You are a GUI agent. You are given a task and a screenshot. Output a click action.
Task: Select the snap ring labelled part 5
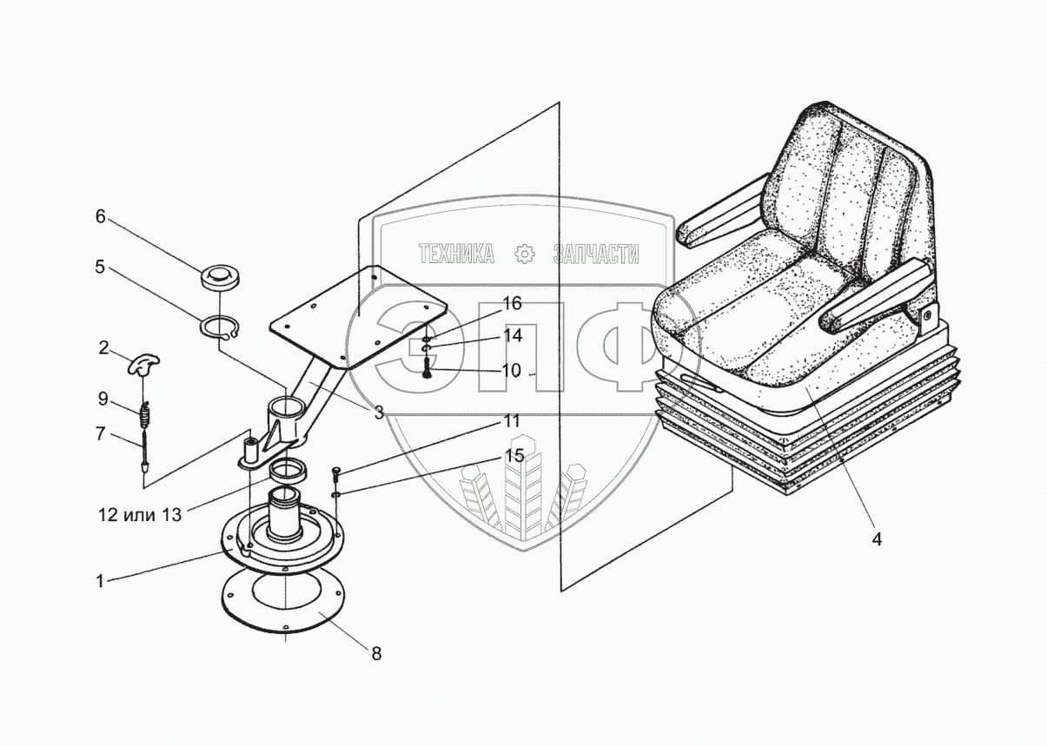point(219,329)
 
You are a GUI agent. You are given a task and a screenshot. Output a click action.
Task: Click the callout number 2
point(104,349)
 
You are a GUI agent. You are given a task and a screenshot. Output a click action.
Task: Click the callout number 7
point(100,432)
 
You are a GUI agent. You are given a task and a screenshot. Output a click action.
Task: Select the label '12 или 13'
point(139,515)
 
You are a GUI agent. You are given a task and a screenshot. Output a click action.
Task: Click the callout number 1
point(100,581)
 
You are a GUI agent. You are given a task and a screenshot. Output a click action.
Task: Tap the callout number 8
point(376,653)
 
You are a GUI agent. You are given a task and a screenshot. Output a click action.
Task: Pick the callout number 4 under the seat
point(877,539)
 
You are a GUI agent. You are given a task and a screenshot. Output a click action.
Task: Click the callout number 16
point(512,303)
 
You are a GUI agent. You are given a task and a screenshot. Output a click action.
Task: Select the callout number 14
point(512,335)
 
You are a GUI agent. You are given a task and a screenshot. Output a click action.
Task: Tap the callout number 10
point(512,371)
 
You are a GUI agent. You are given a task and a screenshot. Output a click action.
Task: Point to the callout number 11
point(512,422)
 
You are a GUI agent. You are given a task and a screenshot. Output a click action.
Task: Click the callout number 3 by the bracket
point(379,414)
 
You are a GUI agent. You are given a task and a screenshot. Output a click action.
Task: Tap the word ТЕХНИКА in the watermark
point(457,254)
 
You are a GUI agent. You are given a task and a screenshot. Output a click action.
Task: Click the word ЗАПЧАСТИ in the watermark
point(596,254)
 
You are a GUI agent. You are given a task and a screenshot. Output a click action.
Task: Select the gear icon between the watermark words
point(524,254)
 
